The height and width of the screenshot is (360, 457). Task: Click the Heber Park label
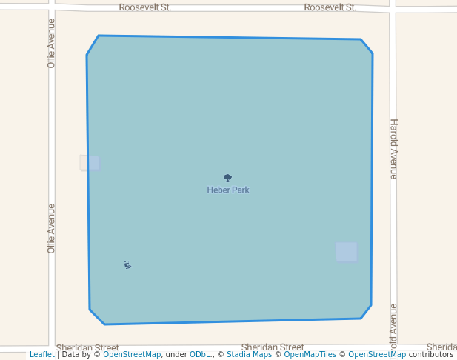point(228,190)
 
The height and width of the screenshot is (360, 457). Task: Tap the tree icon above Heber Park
point(227,178)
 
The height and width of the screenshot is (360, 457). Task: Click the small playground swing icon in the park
point(127,265)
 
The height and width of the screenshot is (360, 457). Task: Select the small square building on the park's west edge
point(90,162)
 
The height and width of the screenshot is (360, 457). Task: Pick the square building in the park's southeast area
point(346,252)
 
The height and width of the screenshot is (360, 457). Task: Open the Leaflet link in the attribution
point(42,355)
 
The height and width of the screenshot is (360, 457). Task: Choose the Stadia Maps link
point(249,355)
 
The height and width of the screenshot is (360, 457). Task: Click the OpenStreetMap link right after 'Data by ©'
point(132,355)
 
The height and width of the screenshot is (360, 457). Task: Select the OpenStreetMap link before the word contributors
point(377,355)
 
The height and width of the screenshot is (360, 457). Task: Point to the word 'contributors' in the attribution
point(431,355)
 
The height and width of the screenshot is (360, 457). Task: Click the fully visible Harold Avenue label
point(394,149)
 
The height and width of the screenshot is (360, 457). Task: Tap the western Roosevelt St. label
point(145,7)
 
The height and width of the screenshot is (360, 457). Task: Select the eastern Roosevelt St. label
point(330,7)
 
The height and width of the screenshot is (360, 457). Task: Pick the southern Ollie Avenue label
point(51,229)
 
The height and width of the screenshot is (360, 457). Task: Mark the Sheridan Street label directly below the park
point(273,347)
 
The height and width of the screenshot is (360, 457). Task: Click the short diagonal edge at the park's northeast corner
point(367,47)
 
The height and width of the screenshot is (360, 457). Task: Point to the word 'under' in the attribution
point(176,355)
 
